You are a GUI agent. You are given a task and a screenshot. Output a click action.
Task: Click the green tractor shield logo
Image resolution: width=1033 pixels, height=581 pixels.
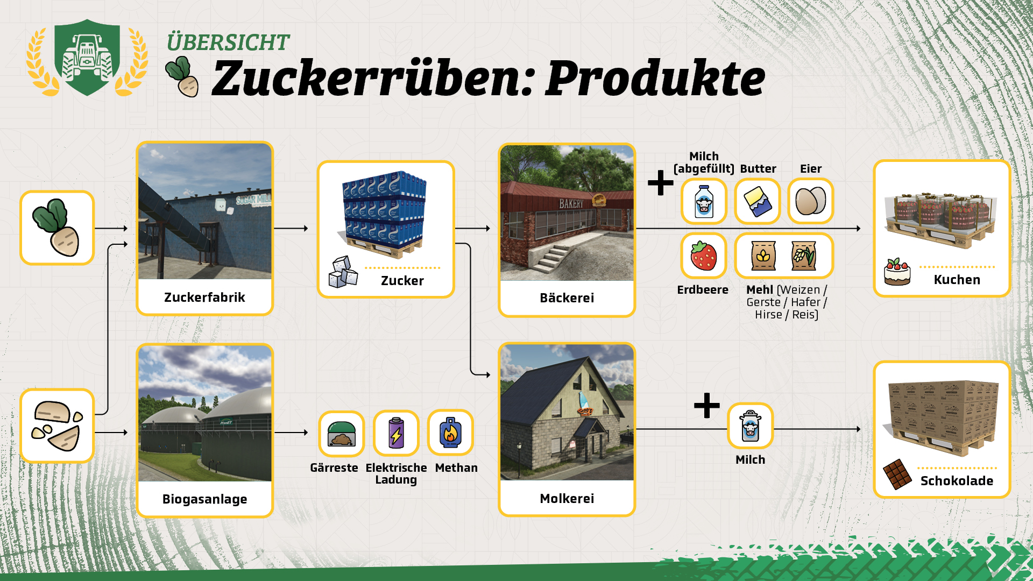[87, 58]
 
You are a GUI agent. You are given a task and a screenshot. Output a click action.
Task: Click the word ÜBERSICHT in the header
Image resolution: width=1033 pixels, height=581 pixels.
[228, 42]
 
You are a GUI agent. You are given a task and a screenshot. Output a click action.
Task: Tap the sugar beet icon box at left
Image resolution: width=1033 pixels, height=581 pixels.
[57, 228]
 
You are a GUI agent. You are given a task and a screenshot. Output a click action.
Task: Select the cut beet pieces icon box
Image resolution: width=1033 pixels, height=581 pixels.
[57, 426]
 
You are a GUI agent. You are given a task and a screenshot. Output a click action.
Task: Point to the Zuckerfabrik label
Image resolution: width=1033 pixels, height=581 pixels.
[204, 297]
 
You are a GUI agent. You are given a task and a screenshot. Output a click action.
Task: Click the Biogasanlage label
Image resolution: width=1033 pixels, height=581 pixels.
[204, 499]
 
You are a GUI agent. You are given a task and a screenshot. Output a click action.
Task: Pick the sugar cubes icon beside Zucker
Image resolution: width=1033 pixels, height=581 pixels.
[343, 272]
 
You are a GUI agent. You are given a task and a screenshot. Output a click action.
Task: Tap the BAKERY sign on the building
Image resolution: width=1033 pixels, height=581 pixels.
[571, 203]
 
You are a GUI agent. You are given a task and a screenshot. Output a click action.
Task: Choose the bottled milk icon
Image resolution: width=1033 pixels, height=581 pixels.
[704, 201]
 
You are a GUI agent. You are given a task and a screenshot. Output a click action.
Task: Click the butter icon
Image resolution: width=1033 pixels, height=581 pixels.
[758, 201]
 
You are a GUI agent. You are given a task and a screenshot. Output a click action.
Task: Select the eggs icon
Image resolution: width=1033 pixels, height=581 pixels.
[811, 201]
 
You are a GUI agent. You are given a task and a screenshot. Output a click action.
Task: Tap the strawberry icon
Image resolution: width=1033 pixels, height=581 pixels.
[704, 256]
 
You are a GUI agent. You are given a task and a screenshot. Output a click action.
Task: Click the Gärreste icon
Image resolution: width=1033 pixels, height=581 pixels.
[341, 434]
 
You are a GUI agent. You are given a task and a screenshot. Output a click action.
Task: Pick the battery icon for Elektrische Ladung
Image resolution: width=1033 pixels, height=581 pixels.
[396, 433]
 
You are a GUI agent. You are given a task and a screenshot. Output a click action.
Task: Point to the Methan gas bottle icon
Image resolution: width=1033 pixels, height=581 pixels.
[450, 433]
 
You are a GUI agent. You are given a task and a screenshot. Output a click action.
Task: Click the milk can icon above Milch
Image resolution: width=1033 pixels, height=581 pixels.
[750, 426]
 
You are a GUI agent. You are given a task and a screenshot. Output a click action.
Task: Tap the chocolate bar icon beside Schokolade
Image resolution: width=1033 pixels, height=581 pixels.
[897, 474]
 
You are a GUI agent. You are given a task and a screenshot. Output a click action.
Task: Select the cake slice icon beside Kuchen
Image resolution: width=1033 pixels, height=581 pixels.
[897, 272]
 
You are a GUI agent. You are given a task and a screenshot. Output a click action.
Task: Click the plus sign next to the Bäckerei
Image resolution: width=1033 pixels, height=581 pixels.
[661, 183]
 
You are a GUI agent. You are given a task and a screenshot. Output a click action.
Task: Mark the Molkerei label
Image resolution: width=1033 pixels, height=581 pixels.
[567, 499]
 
